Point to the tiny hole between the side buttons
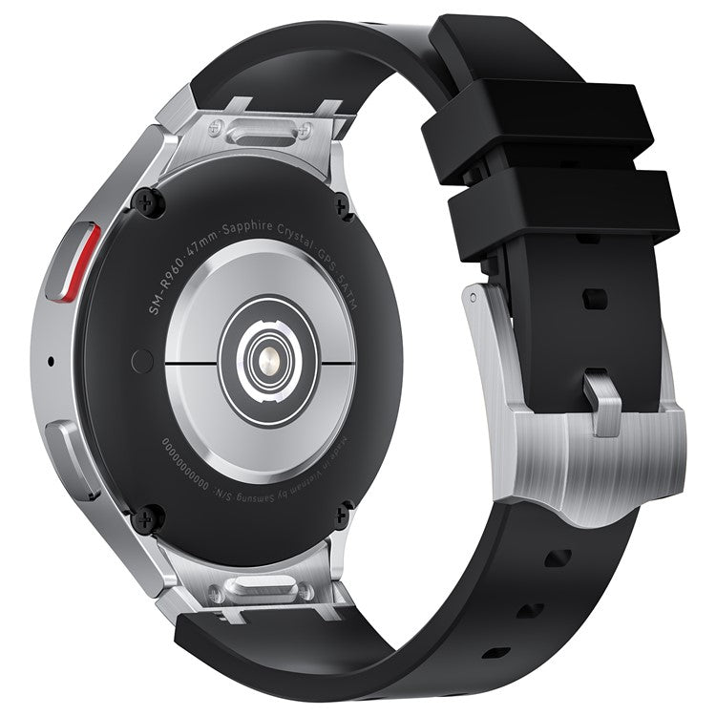click(50, 363)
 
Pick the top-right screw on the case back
click(341, 200)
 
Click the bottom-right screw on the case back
click(341, 516)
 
